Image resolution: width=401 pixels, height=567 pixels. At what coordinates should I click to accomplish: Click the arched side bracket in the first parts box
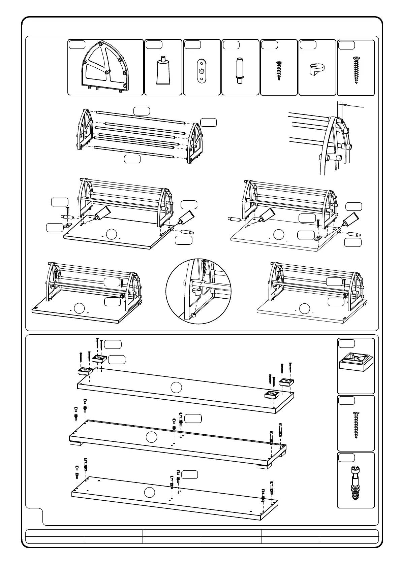click(105, 67)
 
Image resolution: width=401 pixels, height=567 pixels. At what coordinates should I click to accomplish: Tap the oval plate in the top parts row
click(202, 70)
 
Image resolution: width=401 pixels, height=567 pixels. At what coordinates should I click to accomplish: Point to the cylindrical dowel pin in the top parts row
click(240, 70)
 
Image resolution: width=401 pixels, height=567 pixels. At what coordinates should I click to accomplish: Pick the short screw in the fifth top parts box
click(279, 71)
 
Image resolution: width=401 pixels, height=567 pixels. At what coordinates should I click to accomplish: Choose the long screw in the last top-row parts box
click(356, 70)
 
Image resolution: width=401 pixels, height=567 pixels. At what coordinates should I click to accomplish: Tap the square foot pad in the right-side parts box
click(356, 361)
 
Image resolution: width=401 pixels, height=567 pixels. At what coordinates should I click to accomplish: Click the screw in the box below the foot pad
click(356, 425)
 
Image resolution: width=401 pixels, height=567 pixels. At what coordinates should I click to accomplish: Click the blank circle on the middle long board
click(152, 437)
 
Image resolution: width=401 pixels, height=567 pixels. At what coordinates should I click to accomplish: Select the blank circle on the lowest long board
click(149, 492)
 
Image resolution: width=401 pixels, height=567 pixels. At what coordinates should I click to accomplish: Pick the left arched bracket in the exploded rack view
click(84, 130)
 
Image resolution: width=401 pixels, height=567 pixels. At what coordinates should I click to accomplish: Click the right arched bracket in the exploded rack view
click(195, 143)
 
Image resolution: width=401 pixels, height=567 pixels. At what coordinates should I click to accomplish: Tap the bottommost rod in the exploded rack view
click(133, 152)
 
